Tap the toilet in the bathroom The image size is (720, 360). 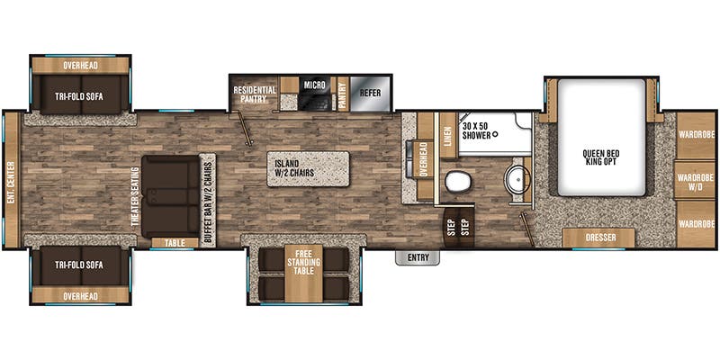pyautogui.click(x=457, y=183)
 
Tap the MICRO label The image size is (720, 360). pyautogui.click(x=313, y=85)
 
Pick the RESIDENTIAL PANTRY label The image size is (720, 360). pyautogui.click(x=255, y=95)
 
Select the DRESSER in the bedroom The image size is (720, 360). pyautogui.click(x=598, y=238)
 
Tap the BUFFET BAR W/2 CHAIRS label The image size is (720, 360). pyautogui.click(x=207, y=198)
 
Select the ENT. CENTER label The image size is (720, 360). pyautogui.click(x=12, y=181)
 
